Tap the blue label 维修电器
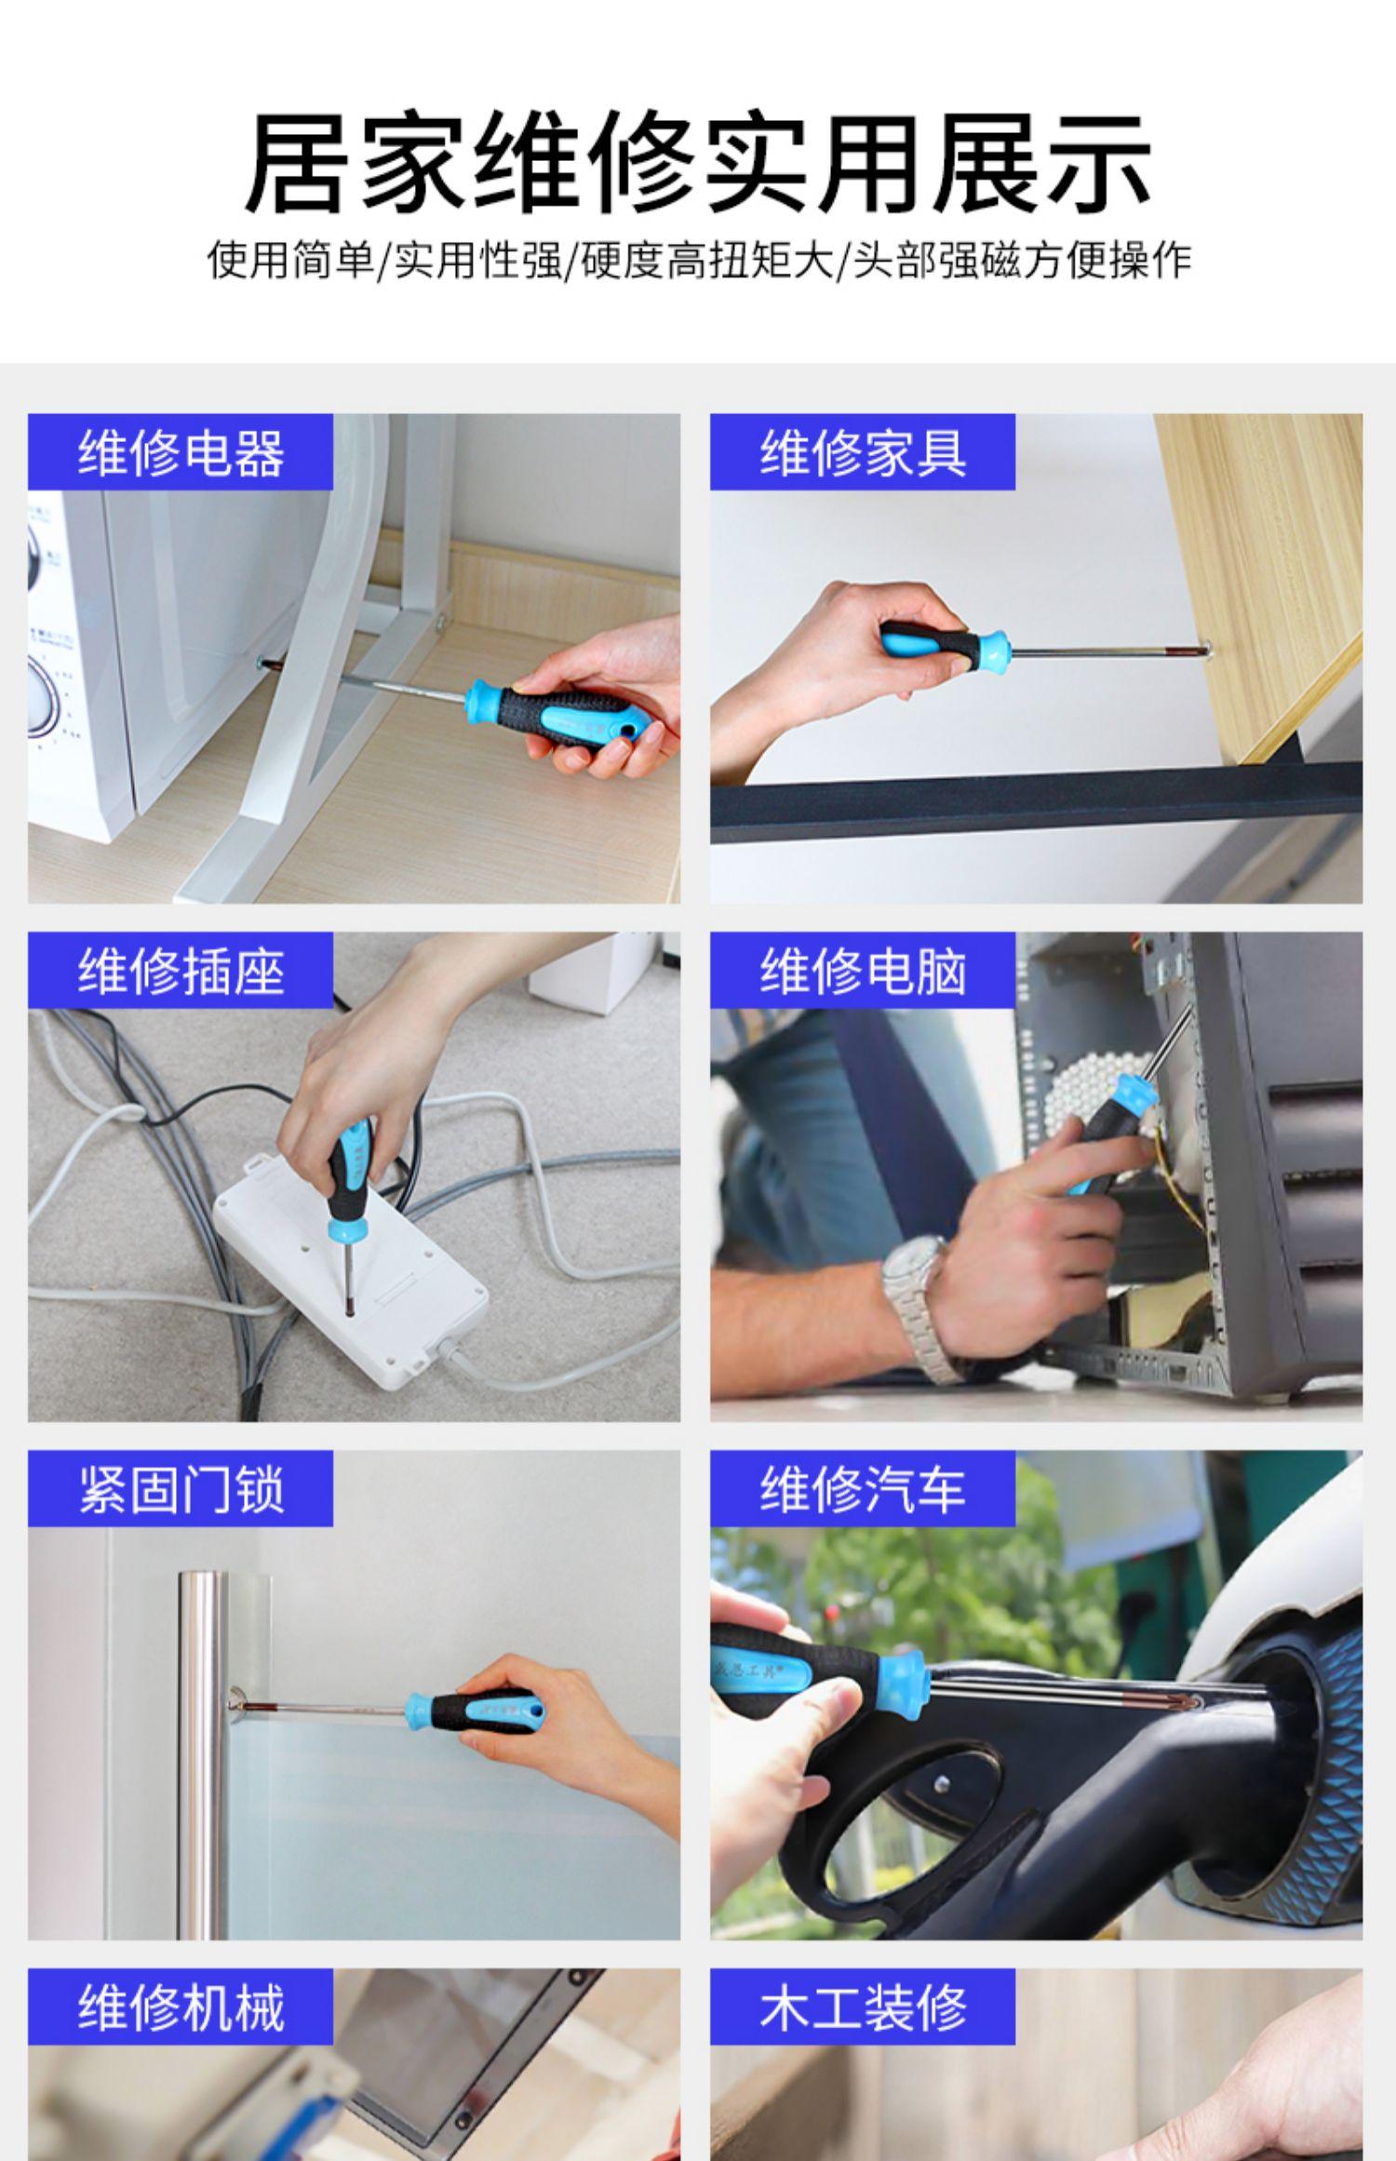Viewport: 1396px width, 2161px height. [181, 452]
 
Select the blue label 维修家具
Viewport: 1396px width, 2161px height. [863, 452]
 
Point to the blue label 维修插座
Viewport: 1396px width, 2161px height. [181, 971]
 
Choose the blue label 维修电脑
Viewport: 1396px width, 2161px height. [863, 971]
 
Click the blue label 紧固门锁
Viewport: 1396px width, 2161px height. [181, 1489]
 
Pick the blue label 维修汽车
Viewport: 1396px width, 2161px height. [863, 1489]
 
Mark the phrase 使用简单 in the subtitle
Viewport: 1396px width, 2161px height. [289, 260]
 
